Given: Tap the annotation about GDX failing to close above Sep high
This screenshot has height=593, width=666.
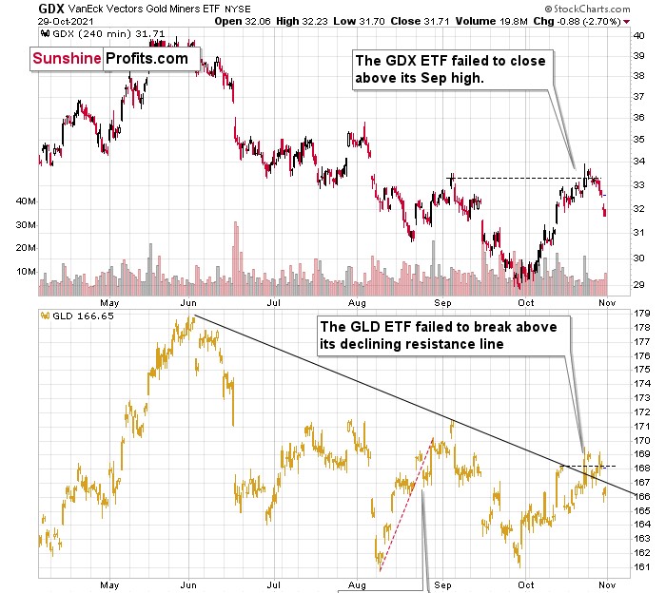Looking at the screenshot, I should tap(450, 70).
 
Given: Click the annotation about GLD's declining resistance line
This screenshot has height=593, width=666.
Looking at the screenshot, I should tap(445, 334).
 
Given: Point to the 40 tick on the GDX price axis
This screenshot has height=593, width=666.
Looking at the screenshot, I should tap(638, 33).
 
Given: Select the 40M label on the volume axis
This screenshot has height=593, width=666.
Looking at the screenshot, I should tap(25, 201).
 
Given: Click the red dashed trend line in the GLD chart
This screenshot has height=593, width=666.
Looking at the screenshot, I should tap(406, 504).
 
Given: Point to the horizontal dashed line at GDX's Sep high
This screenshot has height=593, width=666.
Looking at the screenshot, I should tap(514, 178).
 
